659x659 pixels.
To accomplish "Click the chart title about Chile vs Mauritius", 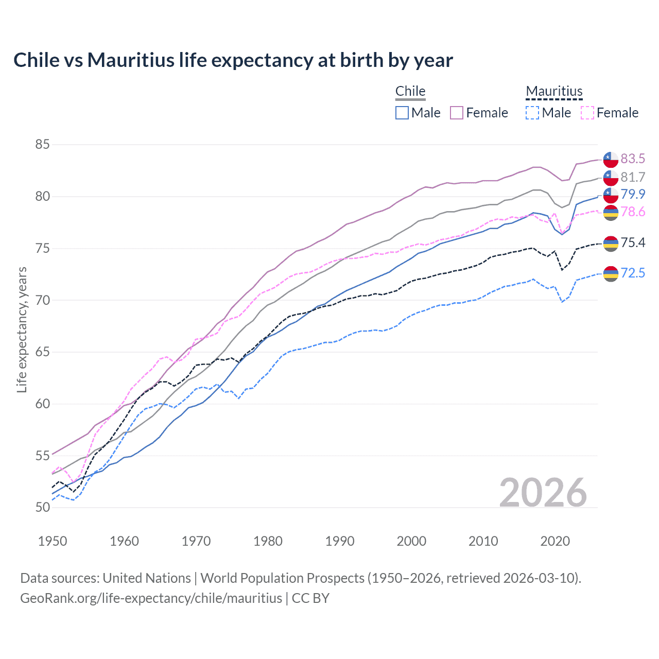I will coord(233,60).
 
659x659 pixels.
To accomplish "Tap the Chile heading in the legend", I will coord(410,91).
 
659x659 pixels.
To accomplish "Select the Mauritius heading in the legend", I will coord(554,91).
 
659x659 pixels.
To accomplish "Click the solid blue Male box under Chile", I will coord(402,113).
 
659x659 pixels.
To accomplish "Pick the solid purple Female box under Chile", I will coord(457,113).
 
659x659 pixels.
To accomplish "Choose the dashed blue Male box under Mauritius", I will coord(532,113).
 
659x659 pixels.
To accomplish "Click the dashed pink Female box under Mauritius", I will coord(587,113).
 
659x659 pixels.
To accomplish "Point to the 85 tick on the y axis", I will coord(42,145).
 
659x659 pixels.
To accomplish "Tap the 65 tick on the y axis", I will coord(42,352).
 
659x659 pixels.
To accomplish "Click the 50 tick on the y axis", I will coord(42,508).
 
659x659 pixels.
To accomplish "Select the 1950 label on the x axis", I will coord(53,541).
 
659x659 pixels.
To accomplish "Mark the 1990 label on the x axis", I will coord(340,541).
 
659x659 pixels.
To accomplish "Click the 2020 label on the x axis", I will coord(555,541).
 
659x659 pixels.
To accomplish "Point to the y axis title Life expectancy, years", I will coord(22,329).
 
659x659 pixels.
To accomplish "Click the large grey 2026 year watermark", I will coord(543,493).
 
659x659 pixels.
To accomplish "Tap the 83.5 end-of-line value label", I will coord(633,159).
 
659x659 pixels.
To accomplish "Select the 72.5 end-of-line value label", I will coord(633,273).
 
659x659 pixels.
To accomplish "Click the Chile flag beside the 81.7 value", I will coord(611,178).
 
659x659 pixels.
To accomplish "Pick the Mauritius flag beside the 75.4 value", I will coord(611,244).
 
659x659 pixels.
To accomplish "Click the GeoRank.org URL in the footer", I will coord(151,598).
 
